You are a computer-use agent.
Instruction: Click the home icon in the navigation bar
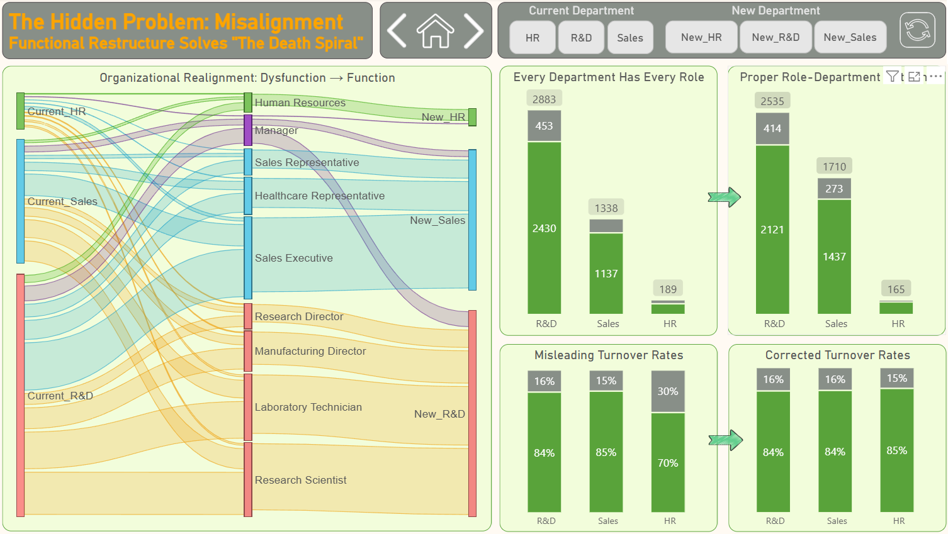[435, 31]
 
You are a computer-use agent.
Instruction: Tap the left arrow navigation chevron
[397, 31]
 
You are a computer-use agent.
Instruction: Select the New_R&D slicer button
[776, 37]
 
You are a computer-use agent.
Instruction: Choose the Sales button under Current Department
[629, 38]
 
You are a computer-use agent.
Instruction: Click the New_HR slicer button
[701, 37]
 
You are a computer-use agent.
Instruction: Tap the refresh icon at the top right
[917, 30]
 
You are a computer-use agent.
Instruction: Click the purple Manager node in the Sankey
[248, 130]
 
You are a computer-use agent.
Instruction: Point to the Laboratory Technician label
[308, 407]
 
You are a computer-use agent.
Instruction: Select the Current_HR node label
[57, 111]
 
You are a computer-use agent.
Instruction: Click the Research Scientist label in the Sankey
[300, 480]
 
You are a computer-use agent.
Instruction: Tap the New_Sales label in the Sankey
[437, 220]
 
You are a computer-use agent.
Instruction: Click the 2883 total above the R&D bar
[544, 99]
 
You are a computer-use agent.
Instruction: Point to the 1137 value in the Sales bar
[606, 274]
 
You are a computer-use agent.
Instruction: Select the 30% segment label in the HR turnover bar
[668, 391]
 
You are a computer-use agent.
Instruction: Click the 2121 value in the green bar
[772, 230]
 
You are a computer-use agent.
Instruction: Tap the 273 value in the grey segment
[834, 189]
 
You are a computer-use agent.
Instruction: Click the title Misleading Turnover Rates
[609, 355]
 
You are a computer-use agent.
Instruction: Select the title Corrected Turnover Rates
[837, 355]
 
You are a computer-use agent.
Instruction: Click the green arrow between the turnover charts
[725, 440]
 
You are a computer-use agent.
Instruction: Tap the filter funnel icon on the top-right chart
[892, 77]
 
